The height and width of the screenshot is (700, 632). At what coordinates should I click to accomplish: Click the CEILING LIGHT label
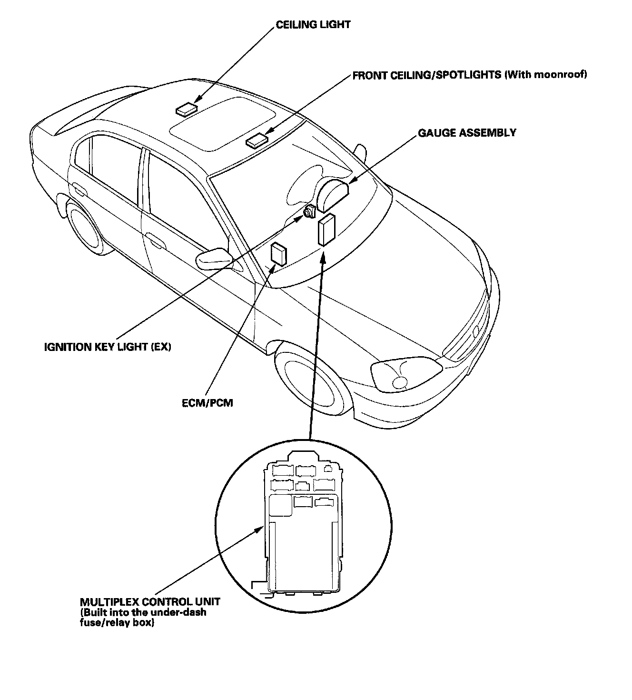(313, 24)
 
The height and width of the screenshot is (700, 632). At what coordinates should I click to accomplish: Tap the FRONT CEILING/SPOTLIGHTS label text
(427, 75)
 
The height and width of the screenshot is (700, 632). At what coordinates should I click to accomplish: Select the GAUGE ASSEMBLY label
(467, 133)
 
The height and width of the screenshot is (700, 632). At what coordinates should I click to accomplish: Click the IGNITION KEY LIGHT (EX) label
(108, 347)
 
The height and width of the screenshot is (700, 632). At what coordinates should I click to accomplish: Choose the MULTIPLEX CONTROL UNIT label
(150, 602)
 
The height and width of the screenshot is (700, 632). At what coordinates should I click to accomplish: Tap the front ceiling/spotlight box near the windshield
(257, 140)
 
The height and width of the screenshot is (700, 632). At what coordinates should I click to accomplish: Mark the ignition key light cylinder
(309, 211)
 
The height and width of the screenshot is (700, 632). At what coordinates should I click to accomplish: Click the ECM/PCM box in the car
(278, 253)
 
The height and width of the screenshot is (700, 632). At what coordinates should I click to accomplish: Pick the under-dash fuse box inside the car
(327, 230)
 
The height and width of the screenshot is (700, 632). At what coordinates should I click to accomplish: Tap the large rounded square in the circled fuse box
(280, 505)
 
